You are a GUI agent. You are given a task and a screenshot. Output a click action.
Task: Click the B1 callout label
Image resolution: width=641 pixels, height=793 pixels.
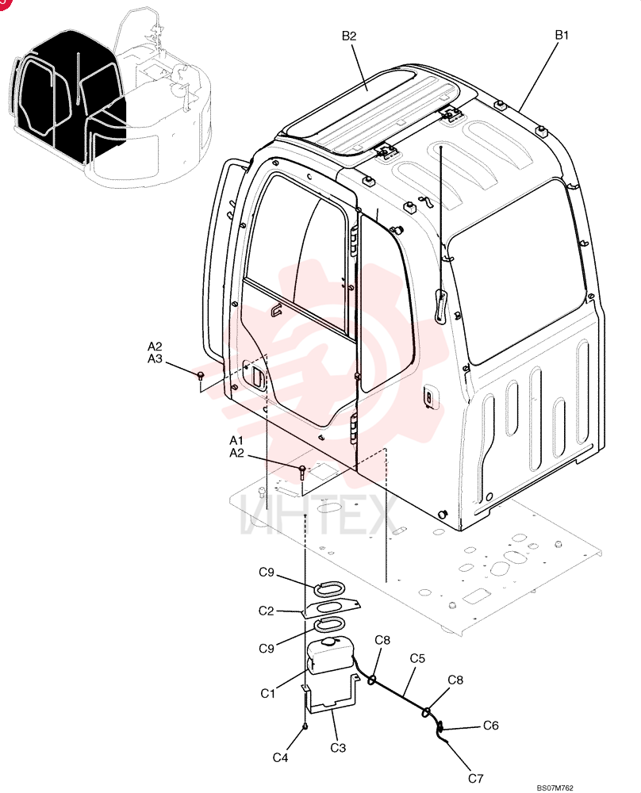[x=562, y=35]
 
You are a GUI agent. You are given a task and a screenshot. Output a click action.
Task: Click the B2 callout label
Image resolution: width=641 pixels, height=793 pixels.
[x=349, y=36]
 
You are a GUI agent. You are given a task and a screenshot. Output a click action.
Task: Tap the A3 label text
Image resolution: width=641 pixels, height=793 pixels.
[x=155, y=358]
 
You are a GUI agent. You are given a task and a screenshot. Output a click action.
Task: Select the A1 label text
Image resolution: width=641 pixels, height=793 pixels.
[x=236, y=440]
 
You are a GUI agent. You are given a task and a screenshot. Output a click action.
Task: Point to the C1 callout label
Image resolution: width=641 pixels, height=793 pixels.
[x=267, y=693]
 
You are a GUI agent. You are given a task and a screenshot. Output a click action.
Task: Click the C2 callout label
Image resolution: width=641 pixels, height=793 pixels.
[x=266, y=611]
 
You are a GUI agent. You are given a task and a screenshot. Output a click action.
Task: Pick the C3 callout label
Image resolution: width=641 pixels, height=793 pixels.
[x=338, y=748]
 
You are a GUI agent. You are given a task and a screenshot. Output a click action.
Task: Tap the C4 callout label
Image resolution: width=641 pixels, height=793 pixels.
[x=280, y=757]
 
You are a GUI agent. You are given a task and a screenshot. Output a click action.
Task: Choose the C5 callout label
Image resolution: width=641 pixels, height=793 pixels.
[x=417, y=658]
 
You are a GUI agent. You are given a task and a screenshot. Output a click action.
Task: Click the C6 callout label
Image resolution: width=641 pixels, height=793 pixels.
[x=491, y=726]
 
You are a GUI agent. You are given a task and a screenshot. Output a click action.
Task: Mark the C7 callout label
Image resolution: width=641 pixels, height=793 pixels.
[x=475, y=779]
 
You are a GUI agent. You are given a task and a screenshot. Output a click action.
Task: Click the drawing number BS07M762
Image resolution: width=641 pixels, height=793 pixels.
[x=555, y=787]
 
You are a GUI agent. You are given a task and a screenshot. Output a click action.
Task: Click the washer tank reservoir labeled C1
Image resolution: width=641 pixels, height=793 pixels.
[x=329, y=657]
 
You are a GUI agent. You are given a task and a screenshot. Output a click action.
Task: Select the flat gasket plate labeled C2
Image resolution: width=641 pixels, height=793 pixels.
[x=332, y=608]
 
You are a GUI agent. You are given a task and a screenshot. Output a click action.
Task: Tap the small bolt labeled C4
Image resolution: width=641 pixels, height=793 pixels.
[x=305, y=726]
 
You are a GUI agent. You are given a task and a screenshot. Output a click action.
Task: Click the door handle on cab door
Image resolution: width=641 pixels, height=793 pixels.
[x=256, y=378]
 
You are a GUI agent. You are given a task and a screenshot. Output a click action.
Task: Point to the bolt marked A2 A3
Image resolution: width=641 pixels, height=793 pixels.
[x=201, y=375]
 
